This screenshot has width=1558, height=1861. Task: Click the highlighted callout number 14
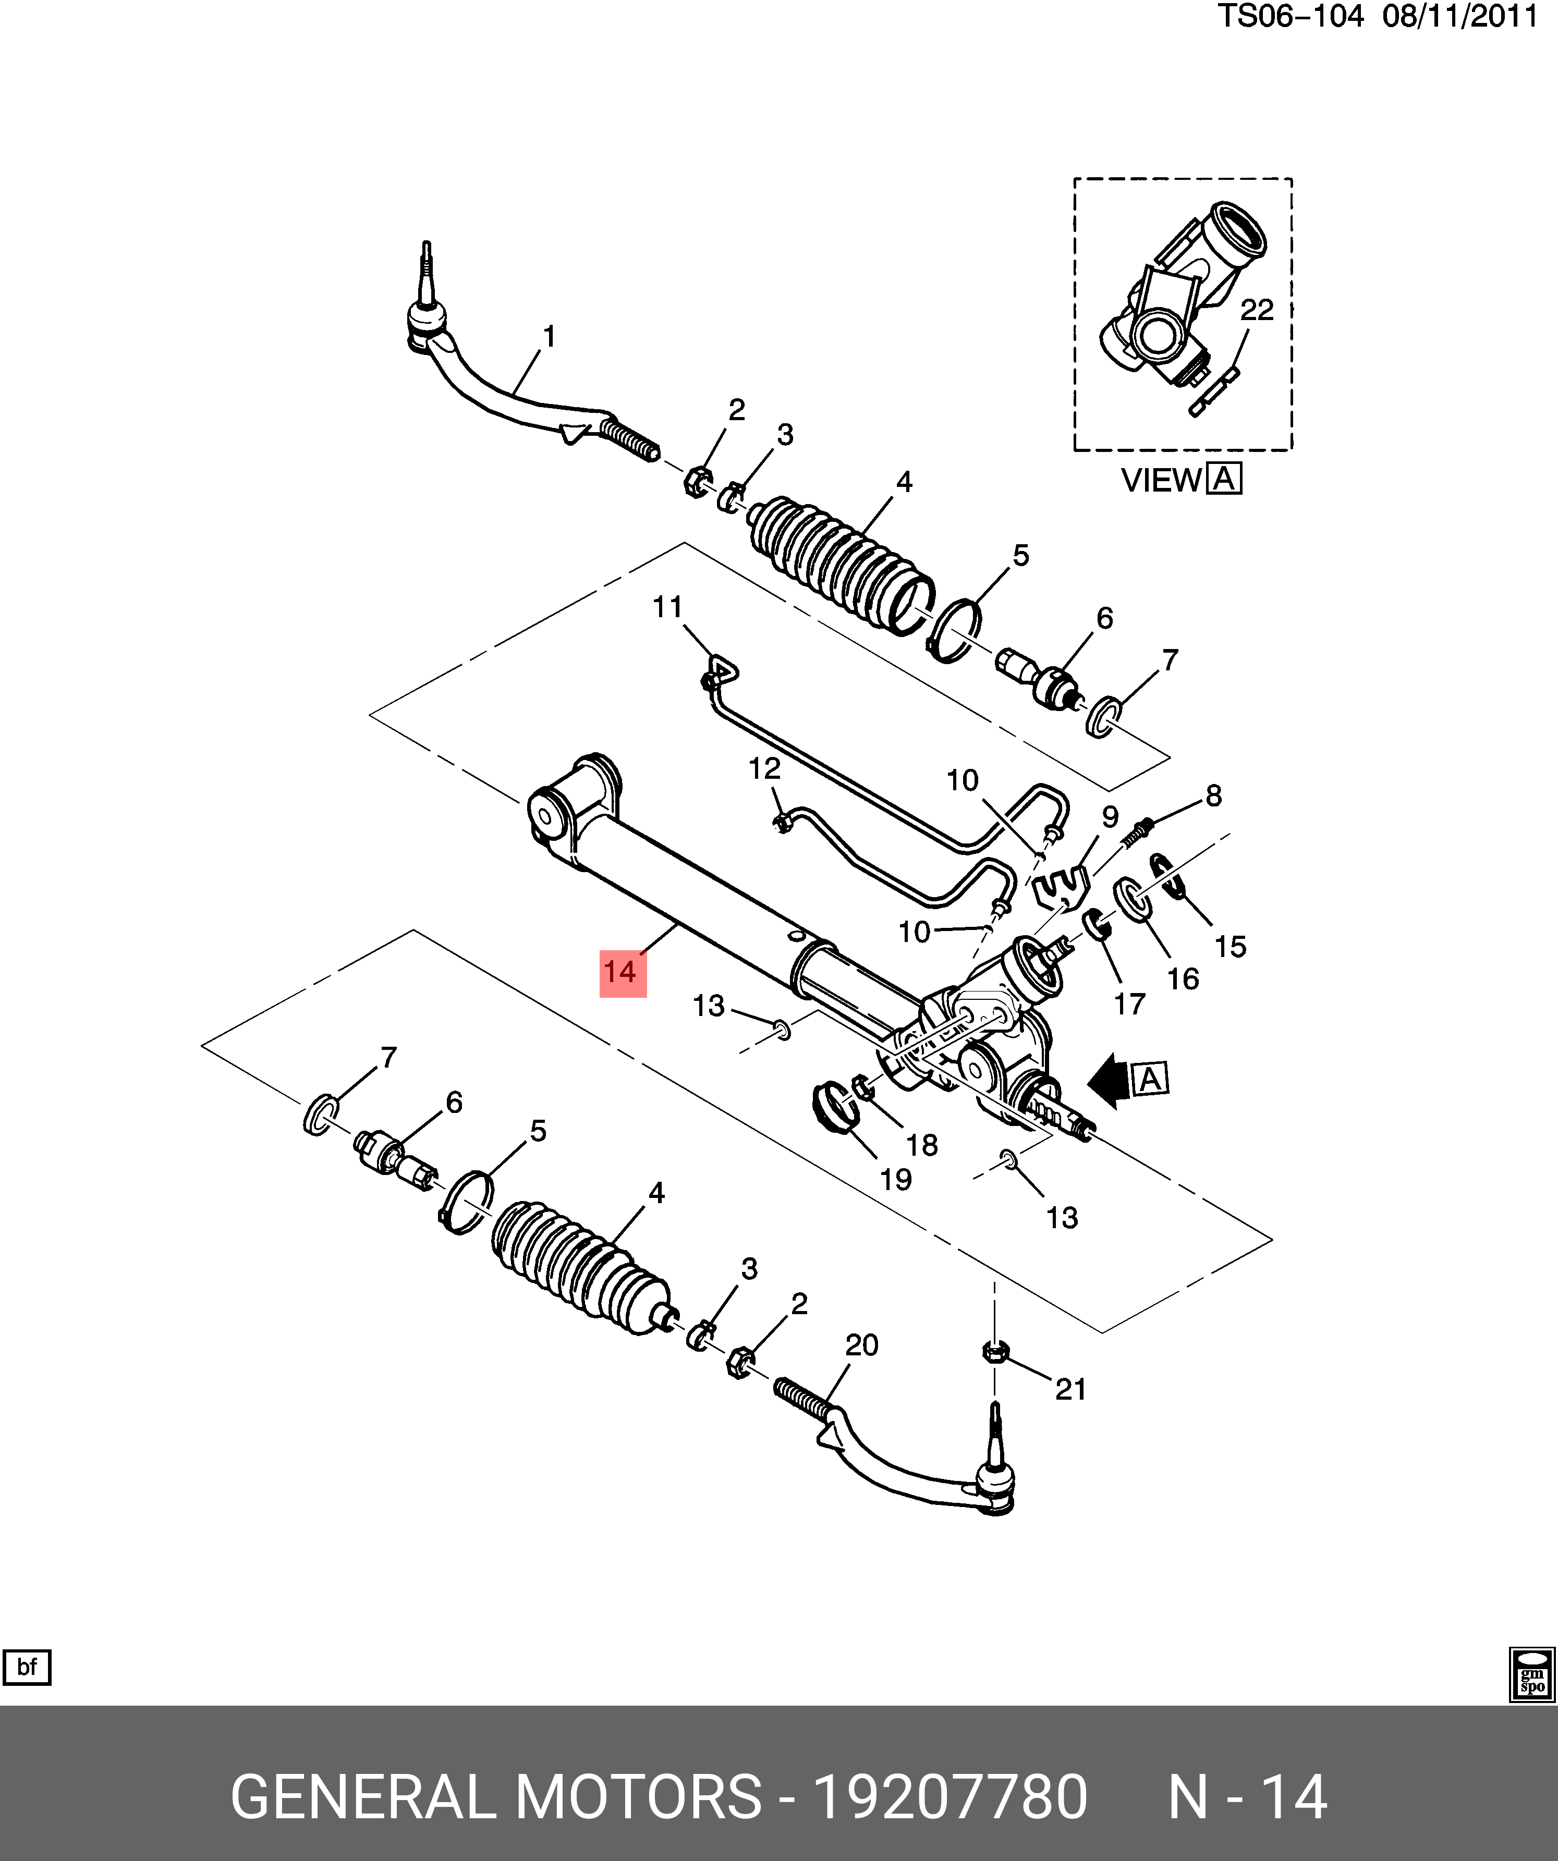[622, 972]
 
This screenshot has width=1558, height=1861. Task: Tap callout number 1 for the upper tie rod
[550, 337]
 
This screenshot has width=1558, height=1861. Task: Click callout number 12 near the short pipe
[764, 768]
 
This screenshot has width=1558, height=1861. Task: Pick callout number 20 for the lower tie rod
[861, 1345]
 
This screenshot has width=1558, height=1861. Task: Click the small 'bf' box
[28, 1668]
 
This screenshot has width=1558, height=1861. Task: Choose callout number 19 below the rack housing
[896, 1180]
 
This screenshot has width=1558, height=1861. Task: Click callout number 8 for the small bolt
[1213, 796]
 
